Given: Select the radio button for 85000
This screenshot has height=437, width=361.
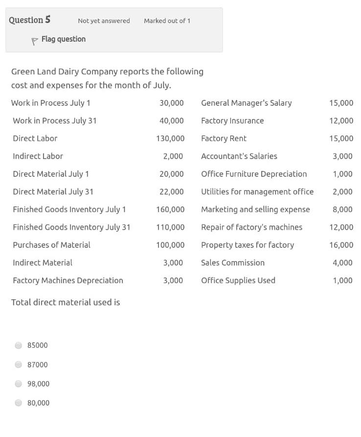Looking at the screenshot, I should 19,345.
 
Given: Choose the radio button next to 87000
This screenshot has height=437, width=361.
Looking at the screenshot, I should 19,364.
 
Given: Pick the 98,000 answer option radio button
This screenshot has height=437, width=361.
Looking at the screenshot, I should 19,384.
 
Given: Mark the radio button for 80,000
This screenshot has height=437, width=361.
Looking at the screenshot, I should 19,403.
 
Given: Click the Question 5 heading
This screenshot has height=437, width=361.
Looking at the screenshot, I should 29,20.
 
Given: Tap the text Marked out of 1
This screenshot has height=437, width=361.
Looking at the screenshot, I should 167,21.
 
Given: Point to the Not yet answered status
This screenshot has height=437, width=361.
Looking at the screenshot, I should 104,21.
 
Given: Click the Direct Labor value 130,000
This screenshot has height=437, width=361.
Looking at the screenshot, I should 170,139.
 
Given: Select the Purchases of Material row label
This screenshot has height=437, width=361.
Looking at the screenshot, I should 51,245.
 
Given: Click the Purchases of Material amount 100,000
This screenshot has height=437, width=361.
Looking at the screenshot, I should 170,245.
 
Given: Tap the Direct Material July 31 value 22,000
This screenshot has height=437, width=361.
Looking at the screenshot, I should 172,192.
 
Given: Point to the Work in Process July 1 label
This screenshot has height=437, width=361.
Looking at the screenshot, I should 51,103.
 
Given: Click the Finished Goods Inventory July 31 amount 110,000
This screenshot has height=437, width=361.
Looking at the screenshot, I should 170,227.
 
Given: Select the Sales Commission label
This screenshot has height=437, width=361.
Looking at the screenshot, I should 233,263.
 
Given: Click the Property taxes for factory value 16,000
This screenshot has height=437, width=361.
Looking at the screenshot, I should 341,245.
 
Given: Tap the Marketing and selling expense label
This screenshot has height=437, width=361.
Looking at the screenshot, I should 255,210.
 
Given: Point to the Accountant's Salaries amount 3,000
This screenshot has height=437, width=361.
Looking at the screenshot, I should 342,156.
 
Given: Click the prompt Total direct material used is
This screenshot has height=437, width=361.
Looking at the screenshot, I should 66,302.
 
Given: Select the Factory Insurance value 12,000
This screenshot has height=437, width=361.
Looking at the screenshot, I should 341,121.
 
